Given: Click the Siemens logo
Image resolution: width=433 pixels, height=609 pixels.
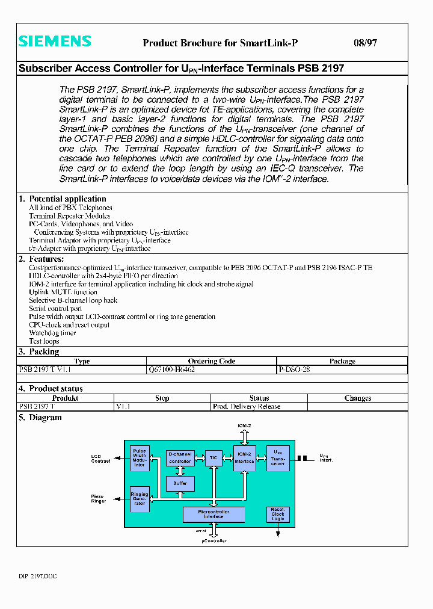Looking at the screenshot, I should click(55, 42).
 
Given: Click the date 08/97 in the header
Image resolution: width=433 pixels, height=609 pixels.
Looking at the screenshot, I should click(365, 43).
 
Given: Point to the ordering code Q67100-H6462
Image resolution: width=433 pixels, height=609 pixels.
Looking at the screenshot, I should click(171, 369).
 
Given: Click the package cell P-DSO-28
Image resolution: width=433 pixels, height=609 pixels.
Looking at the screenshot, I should click(294, 369).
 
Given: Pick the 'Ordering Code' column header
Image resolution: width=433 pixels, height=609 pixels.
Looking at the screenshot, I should click(211, 361).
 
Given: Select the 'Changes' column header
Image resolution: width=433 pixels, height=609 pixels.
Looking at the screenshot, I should click(358, 398).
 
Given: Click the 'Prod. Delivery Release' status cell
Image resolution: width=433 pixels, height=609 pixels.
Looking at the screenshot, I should click(247, 406).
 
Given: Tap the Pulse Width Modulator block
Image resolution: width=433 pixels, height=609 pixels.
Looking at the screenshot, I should click(140, 458).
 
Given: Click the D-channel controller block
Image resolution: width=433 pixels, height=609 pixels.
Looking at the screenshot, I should click(180, 458).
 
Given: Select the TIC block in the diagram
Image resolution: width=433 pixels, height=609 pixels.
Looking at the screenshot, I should click(213, 458).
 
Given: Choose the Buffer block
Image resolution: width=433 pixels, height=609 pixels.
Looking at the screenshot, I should click(180, 483).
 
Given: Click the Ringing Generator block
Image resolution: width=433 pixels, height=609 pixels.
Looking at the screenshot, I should click(140, 499).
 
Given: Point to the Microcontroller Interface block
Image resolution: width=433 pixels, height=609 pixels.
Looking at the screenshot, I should click(213, 515).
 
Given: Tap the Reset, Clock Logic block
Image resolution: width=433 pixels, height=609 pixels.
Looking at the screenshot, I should click(277, 514).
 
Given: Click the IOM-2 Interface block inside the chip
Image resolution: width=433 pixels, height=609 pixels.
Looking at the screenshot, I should click(244, 458).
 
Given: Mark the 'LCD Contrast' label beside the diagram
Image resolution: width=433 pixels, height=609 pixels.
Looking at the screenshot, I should click(100, 459).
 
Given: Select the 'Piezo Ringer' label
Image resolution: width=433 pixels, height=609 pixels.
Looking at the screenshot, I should click(99, 499).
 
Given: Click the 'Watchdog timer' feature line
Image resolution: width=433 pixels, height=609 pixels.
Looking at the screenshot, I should click(53, 333).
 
